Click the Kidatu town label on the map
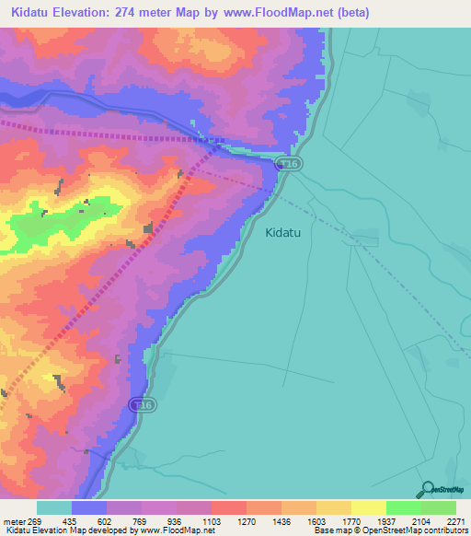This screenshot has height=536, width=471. (289, 233)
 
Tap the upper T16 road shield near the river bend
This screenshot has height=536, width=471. (290, 163)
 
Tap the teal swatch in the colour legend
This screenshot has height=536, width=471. (54, 507)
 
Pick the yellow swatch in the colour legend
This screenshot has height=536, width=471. (368, 507)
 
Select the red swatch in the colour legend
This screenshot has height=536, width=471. (228, 507)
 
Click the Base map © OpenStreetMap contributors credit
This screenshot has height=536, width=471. (390, 530)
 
